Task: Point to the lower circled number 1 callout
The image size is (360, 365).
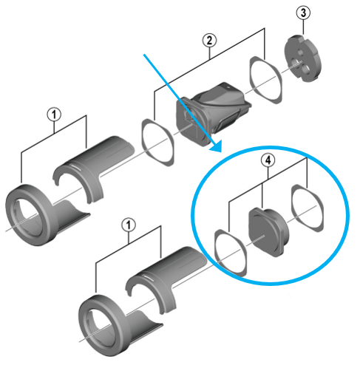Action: [129, 225]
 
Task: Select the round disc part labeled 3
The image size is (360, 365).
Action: [305, 60]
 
